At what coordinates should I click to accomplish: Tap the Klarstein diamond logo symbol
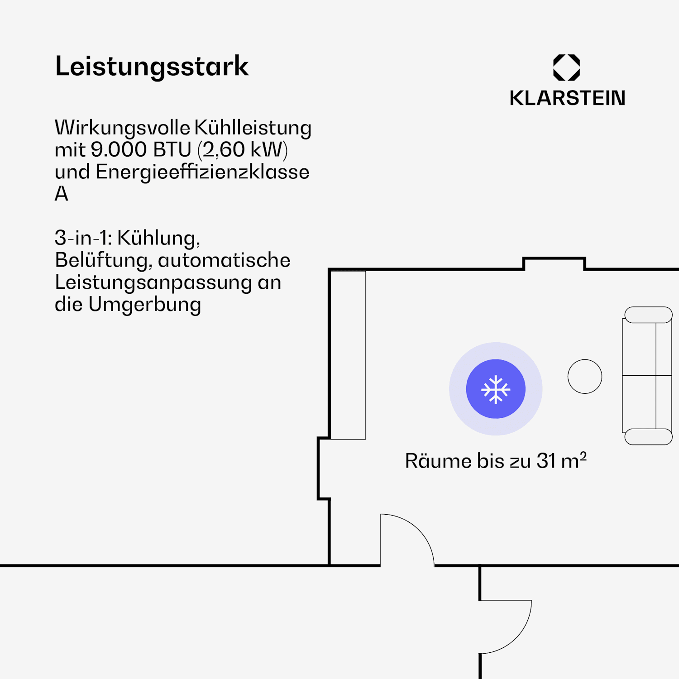coord(566,67)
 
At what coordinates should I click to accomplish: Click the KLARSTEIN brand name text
coord(567,98)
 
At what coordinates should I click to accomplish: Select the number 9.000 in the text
coord(119,150)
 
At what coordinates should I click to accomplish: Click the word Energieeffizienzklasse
coord(203,172)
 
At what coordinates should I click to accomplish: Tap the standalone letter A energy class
coord(62,194)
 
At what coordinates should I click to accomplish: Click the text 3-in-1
coord(83,238)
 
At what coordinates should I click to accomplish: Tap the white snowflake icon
coord(496,389)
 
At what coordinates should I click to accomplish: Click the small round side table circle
coord(585,377)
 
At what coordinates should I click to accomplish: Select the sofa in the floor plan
coord(647,376)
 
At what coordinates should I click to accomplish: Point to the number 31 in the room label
coord(546,461)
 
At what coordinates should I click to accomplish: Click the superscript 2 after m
coord(583,455)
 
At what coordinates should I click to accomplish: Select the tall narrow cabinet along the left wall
coord(348,355)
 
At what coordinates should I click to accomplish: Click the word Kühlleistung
coord(253,128)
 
